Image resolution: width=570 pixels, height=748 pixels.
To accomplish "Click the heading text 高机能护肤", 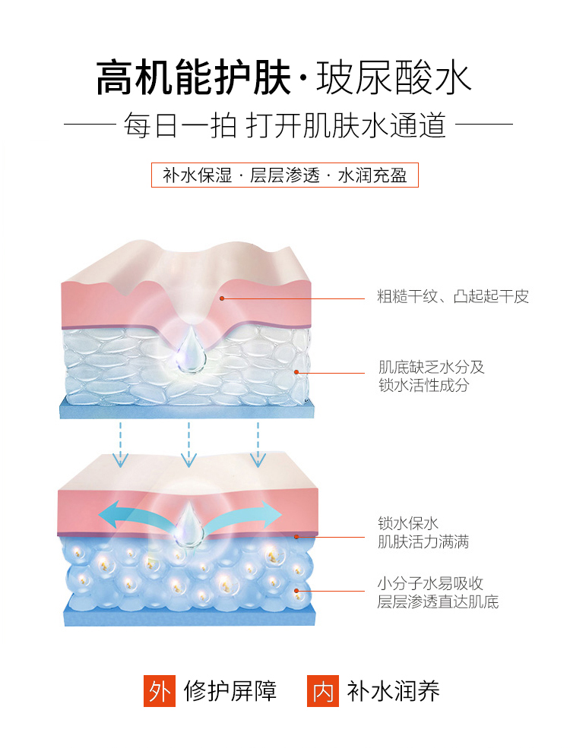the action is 194,77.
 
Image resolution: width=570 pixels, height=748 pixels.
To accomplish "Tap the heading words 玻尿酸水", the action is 394,77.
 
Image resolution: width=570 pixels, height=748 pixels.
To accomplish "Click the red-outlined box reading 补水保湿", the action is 285,175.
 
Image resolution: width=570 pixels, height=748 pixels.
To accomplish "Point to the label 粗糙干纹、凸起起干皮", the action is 453,297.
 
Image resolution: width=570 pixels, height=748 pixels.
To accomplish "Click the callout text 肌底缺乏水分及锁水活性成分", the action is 431,376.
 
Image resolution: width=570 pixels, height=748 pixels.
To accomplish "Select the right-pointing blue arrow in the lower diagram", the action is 251,514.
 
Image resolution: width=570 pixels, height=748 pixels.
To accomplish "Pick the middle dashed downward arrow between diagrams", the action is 188,445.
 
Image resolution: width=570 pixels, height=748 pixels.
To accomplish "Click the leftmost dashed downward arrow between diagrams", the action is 120,445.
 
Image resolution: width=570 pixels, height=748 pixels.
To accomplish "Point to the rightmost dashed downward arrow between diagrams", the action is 258,445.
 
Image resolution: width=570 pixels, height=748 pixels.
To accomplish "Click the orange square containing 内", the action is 322,691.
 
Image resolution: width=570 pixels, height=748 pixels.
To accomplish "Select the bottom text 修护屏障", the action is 230,691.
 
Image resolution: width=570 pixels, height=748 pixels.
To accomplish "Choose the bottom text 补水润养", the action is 393,691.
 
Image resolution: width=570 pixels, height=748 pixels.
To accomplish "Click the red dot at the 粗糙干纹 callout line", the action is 222,298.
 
